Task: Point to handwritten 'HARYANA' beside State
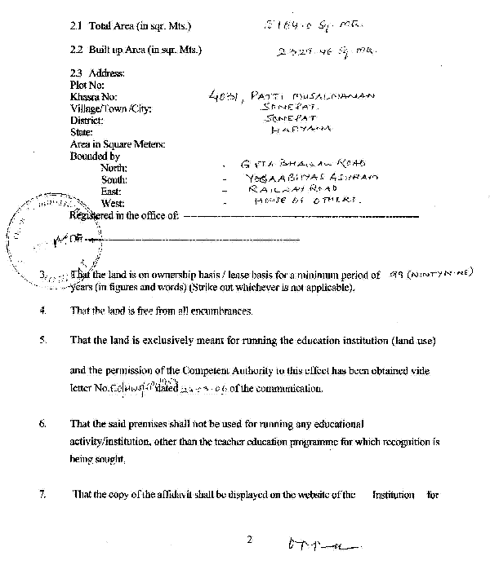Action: click(x=301, y=129)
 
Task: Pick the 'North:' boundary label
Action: click(x=115, y=167)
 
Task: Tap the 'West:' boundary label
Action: click(x=113, y=203)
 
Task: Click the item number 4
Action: click(x=42, y=311)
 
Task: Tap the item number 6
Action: click(x=42, y=425)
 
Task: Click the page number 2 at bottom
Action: click(x=251, y=539)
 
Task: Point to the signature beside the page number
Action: click(x=323, y=544)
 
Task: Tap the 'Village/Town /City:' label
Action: click(x=111, y=108)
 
